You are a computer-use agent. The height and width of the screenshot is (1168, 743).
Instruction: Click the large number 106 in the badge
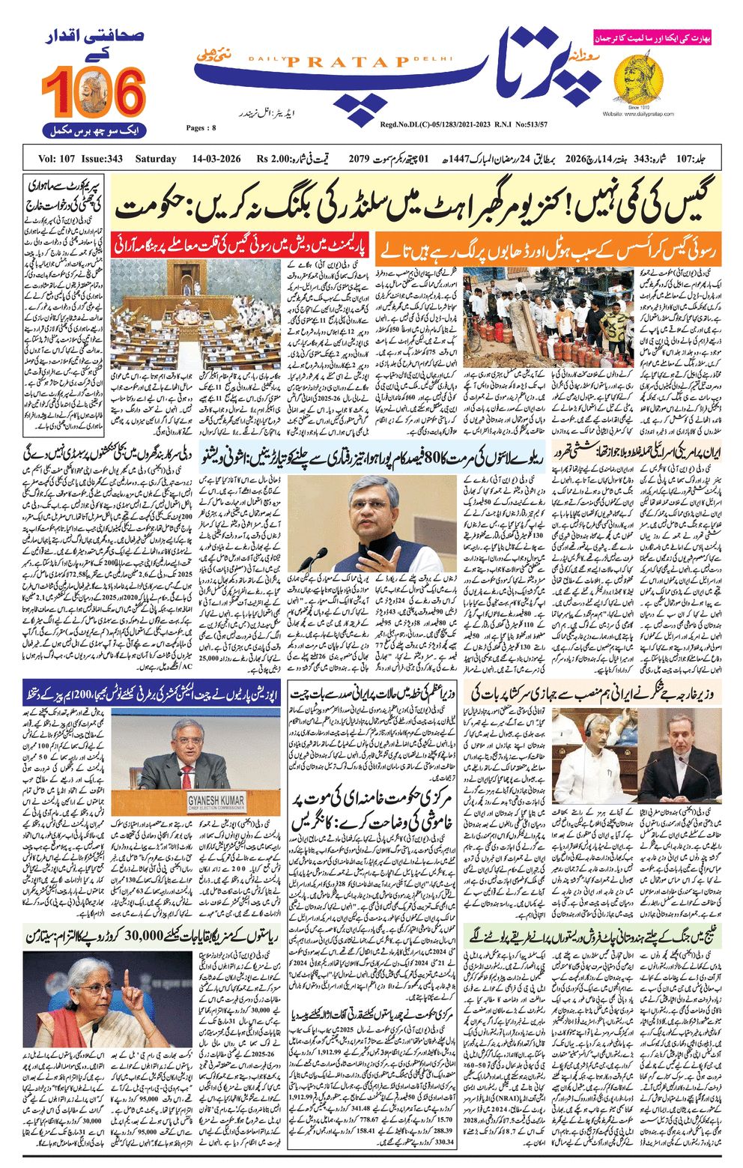(94, 92)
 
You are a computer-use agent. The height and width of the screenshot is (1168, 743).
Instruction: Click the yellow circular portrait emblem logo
(638, 80)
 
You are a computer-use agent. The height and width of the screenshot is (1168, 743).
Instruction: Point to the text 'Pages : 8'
(201, 128)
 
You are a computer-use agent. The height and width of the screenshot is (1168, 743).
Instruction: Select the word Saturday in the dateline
(156, 159)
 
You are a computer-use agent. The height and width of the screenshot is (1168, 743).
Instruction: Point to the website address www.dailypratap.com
(637, 114)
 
